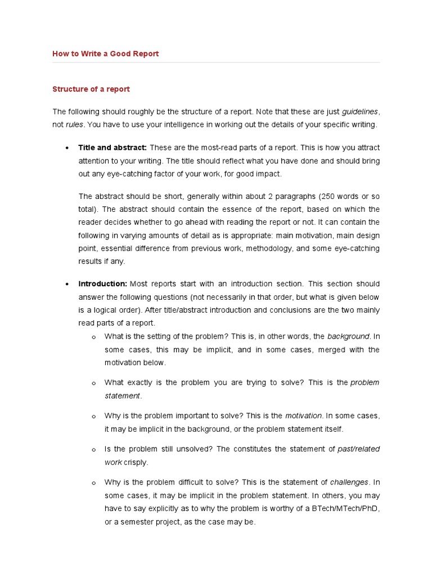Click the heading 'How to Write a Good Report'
coord(106,54)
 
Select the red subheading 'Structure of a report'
coord(91,89)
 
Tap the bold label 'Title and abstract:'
coord(112,148)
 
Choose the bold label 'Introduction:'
coord(103,283)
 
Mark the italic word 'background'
coord(349,336)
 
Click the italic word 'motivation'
coord(304,416)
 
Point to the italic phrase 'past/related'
coord(358,449)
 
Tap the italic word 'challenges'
coord(349,482)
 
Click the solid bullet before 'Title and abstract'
coord(67,148)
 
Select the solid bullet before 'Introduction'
coord(67,284)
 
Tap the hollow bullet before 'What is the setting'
coord(93,337)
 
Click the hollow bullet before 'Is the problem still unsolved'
coord(93,450)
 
